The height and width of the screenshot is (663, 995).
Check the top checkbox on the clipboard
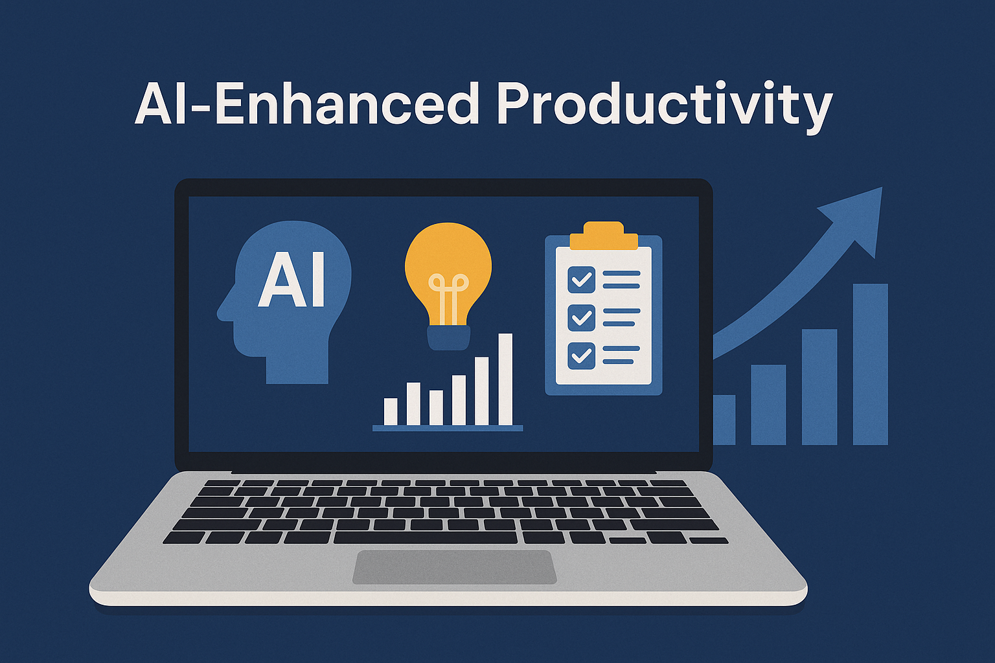pyautogui.click(x=582, y=280)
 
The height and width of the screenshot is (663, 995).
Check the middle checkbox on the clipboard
pyautogui.click(x=582, y=317)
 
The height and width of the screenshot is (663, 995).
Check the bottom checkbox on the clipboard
pyautogui.click(x=582, y=355)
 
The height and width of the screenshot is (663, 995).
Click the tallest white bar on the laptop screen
pyautogui.click(x=505, y=379)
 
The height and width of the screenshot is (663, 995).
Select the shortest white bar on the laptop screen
pyautogui.click(x=391, y=412)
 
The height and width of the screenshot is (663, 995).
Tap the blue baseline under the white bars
pyautogui.click(x=448, y=428)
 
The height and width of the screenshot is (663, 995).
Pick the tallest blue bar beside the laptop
pyautogui.click(x=870, y=364)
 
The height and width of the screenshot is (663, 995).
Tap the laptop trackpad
pyautogui.click(x=454, y=567)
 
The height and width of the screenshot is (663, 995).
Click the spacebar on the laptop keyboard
pyautogui.click(x=425, y=538)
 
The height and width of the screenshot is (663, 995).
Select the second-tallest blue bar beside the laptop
pyautogui.click(x=819, y=387)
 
